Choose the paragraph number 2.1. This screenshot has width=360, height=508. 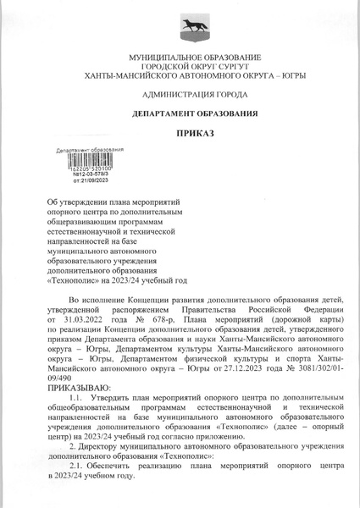pos(76,466)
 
